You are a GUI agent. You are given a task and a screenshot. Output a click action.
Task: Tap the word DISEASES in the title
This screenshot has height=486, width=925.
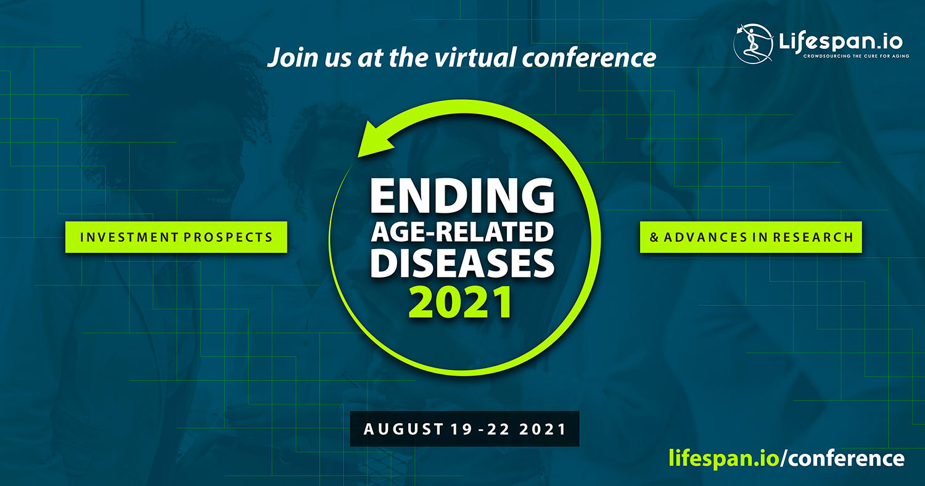click(462, 263)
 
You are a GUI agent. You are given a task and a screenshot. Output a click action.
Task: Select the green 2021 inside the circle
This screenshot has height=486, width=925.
click(461, 303)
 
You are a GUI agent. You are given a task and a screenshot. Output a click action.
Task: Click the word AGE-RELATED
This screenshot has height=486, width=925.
click(462, 232)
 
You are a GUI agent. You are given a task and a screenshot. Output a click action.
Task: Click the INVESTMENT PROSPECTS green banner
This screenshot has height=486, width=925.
click(176, 237)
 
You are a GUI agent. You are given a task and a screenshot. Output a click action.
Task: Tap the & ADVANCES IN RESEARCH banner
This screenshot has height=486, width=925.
click(750, 237)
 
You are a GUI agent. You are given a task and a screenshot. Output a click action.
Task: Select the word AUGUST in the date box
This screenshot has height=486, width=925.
click(403, 429)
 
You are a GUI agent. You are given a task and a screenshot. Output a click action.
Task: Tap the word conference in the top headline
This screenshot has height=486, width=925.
click(589, 57)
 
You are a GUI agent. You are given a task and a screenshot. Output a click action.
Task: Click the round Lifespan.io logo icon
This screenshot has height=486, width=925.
click(753, 44)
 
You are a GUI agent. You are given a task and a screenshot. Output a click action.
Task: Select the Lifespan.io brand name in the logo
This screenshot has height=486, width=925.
click(841, 42)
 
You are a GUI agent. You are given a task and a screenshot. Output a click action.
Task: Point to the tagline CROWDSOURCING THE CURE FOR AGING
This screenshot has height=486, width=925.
click(856, 56)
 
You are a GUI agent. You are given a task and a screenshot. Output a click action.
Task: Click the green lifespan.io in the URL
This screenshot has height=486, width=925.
click(724, 458)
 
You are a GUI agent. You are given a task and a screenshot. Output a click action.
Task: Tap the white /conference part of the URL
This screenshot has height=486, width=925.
click(842, 458)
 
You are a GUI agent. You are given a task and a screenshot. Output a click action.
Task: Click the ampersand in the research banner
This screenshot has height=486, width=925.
click(654, 237)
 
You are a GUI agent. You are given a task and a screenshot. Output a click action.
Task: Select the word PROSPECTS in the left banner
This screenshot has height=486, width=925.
click(228, 237)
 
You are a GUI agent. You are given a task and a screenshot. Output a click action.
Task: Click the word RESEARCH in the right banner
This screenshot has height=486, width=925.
click(813, 237)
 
